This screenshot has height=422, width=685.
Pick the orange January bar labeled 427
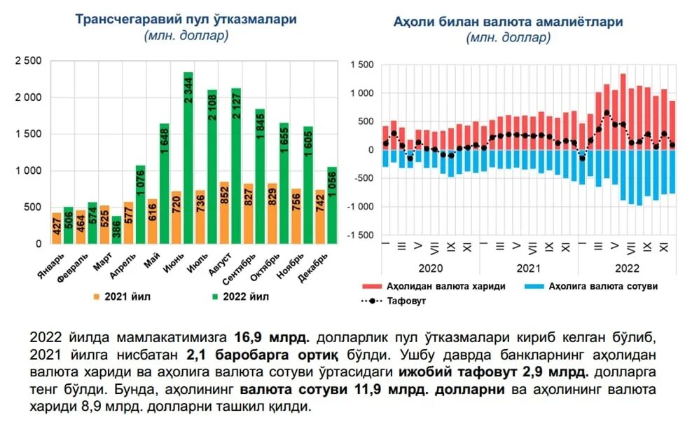(x=57, y=228)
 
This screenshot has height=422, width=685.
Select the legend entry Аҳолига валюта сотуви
(x=588, y=287)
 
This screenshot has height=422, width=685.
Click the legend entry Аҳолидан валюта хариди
(x=434, y=287)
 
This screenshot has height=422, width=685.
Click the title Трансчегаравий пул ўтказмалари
(x=186, y=19)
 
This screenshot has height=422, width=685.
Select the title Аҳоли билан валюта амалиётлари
(x=508, y=22)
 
